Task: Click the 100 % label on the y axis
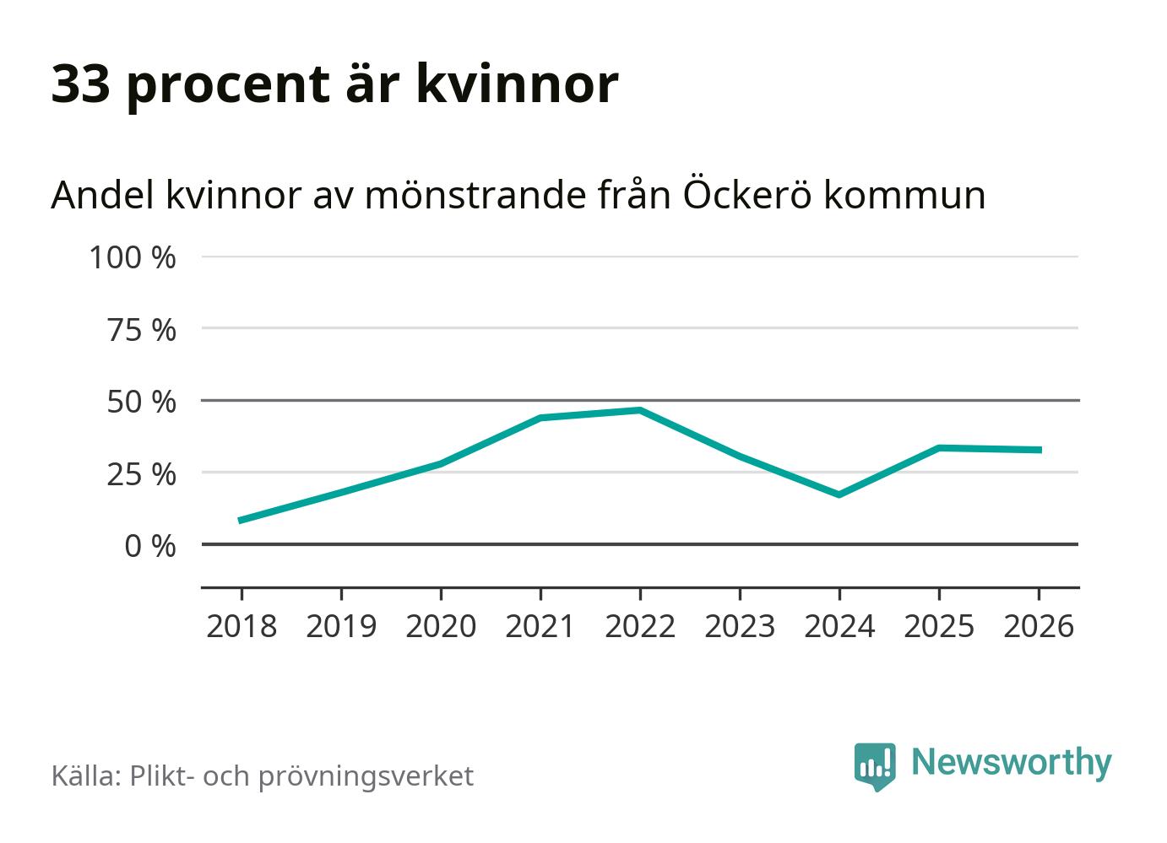tap(133, 257)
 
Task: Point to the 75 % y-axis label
tap(142, 330)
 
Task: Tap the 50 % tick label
tap(142, 403)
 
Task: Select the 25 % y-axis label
tap(142, 475)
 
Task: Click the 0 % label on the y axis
tap(150, 547)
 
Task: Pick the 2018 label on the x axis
tap(242, 627)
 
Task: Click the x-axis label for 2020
tap(441, 627)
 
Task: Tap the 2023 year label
tap(740, 627)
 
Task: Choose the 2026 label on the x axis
tap(1039, 627)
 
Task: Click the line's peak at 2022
tap(640, 411)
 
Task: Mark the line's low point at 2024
tap(839, 494)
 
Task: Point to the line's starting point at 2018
tap(242, 521)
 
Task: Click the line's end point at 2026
tap(1039, 450)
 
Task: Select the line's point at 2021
tap(540, 418)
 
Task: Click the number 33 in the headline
tap(81, 84)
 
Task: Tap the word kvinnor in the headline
tap(517, 84)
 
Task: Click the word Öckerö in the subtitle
tap(746, 195)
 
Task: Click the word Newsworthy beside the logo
tap(1011, 762)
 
